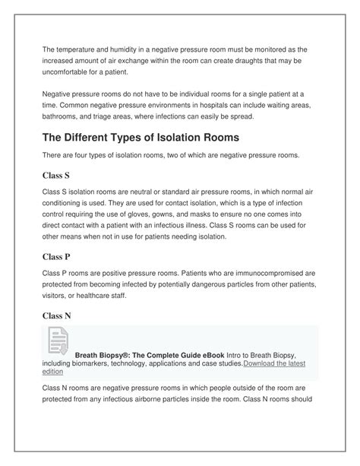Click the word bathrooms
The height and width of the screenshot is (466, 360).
click(66, 118)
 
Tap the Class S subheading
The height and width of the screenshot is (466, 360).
click(56, 174)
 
